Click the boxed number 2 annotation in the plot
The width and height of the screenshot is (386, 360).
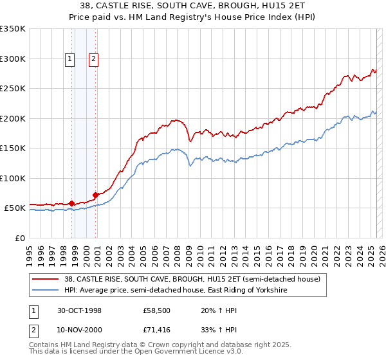click(93, 60)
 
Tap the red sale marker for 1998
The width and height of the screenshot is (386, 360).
click(71, 203)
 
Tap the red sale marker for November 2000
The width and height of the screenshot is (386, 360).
click(95, 194)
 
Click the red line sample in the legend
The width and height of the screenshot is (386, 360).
click(46, 279)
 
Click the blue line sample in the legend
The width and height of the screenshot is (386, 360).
click(46, 291)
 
